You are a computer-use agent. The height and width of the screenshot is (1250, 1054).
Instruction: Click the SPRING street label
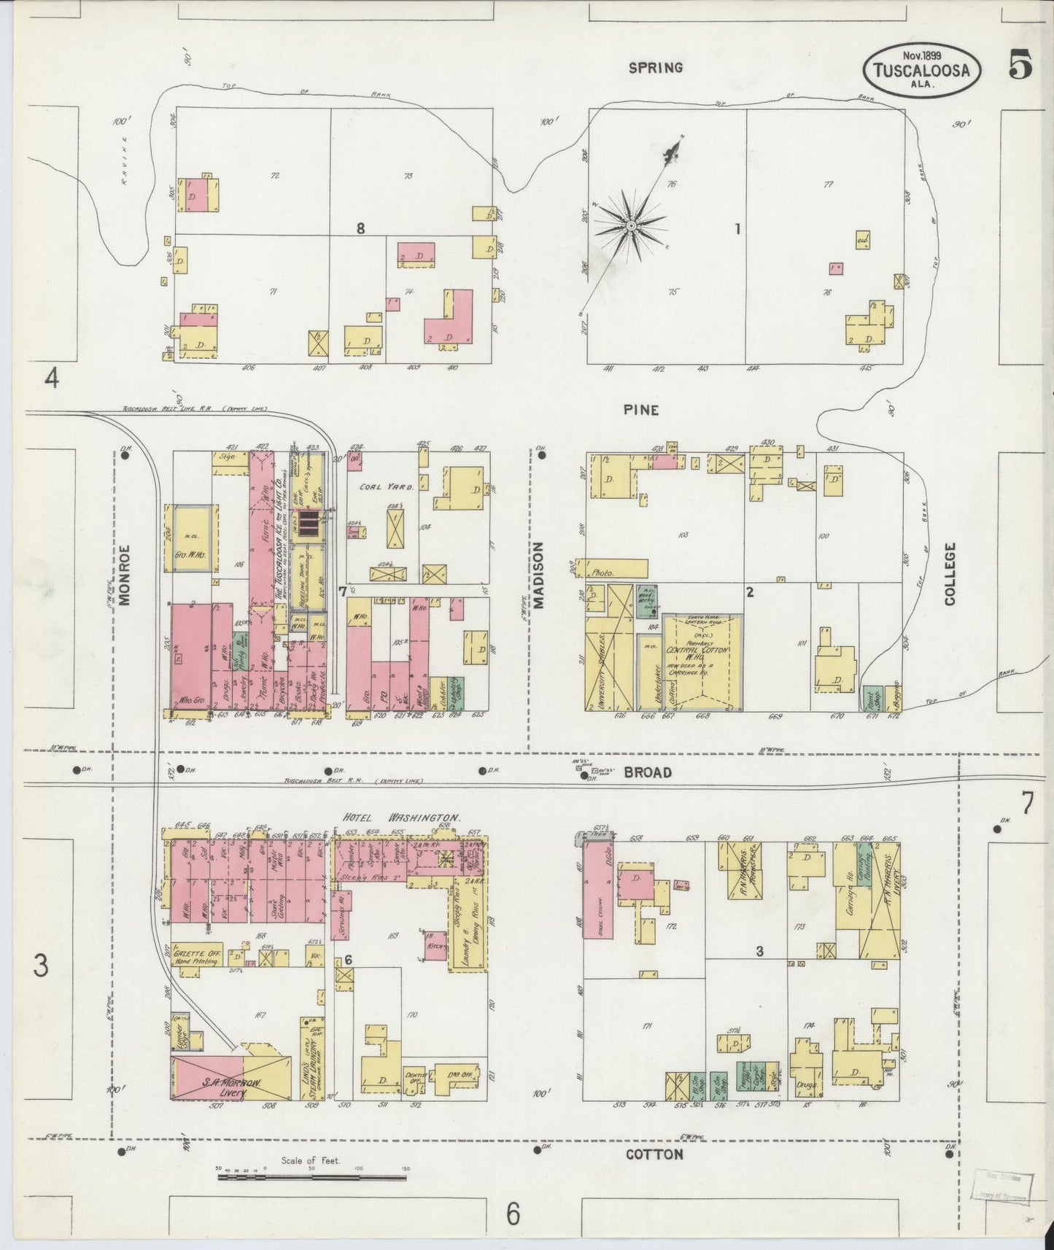click(x=656, y=68)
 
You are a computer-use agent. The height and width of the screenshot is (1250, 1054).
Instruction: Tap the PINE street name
click(x=641, y=410)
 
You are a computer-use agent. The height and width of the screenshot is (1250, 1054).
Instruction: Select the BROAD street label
click(x=648, y=772)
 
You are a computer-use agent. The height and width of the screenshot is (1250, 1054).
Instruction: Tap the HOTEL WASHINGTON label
click(x=402, y=818)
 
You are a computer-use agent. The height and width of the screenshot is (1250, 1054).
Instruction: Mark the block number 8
click(x=360, y=228)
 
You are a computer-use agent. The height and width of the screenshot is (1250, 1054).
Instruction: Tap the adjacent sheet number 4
click(x=51, y=379)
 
